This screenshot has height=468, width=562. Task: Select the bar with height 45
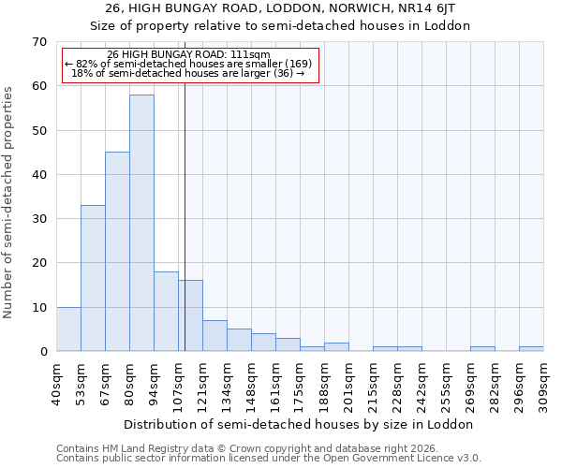(117, 252)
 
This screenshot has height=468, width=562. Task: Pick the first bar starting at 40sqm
(68, 329)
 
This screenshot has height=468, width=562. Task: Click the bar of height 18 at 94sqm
(166, 312)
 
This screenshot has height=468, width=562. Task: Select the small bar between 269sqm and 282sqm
(482, 349)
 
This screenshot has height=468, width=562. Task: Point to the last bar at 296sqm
(531, 349)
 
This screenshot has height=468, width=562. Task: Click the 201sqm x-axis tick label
(348, 384)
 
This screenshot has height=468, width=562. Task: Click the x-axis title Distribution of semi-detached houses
(299, 424)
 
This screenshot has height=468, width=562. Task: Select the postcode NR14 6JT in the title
(415, 8)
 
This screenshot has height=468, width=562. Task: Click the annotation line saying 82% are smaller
(188, 64)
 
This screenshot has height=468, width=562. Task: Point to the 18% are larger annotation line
(188, 73)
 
